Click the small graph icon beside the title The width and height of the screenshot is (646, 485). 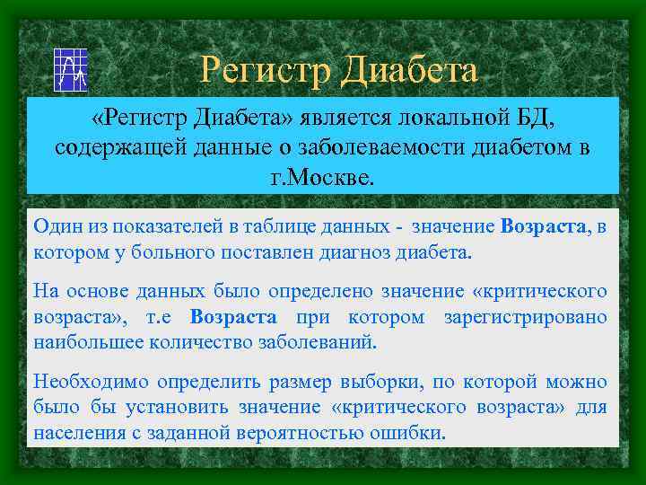[69, 69]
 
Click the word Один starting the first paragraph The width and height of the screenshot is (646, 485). [55, 227]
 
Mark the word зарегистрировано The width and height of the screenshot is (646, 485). [525, 317]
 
